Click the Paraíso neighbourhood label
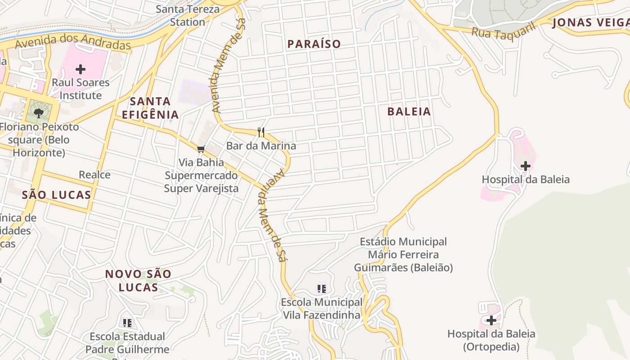click(x=314, y=44)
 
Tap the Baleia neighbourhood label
click(x=409, y=112)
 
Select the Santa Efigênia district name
click(x=150, y=108)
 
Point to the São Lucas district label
click(x=57, y=195)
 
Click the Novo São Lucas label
click(x=138, y=280)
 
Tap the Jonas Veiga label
click(x=590, y=22)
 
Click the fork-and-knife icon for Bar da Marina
click(x=261, y=132)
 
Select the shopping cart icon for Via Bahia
click(x=201, y=149)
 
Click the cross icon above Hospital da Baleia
click(x=525, y=166)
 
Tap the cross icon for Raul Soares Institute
click(x=81, y=69)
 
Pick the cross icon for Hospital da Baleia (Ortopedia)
click(x=491, y=320)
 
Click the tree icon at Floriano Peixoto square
click(x=39, y=113)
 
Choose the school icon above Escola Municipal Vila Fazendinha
click(x=321, y=288)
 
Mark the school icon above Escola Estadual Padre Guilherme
click(x=127, y=323)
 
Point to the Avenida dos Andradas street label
click(x=72, y=44)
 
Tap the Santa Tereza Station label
click(x=188, y=15)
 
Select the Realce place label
click(x=94, y=175)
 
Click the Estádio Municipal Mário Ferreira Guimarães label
click(x=403, y=255)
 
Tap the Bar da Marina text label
click(x=261, y=146)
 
